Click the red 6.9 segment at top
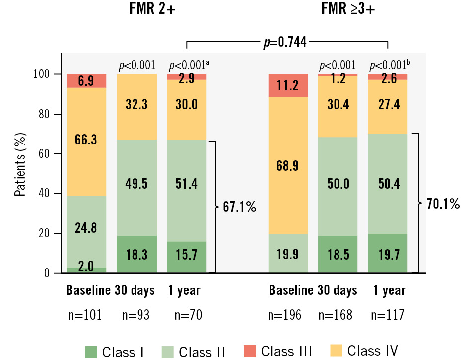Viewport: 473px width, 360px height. (86, 81)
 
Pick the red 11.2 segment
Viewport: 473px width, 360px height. (288, 85)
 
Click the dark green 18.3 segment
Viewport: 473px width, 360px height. (135, 254)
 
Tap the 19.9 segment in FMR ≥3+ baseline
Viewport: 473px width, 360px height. (288, 254)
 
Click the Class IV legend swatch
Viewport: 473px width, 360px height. (338, 350)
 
